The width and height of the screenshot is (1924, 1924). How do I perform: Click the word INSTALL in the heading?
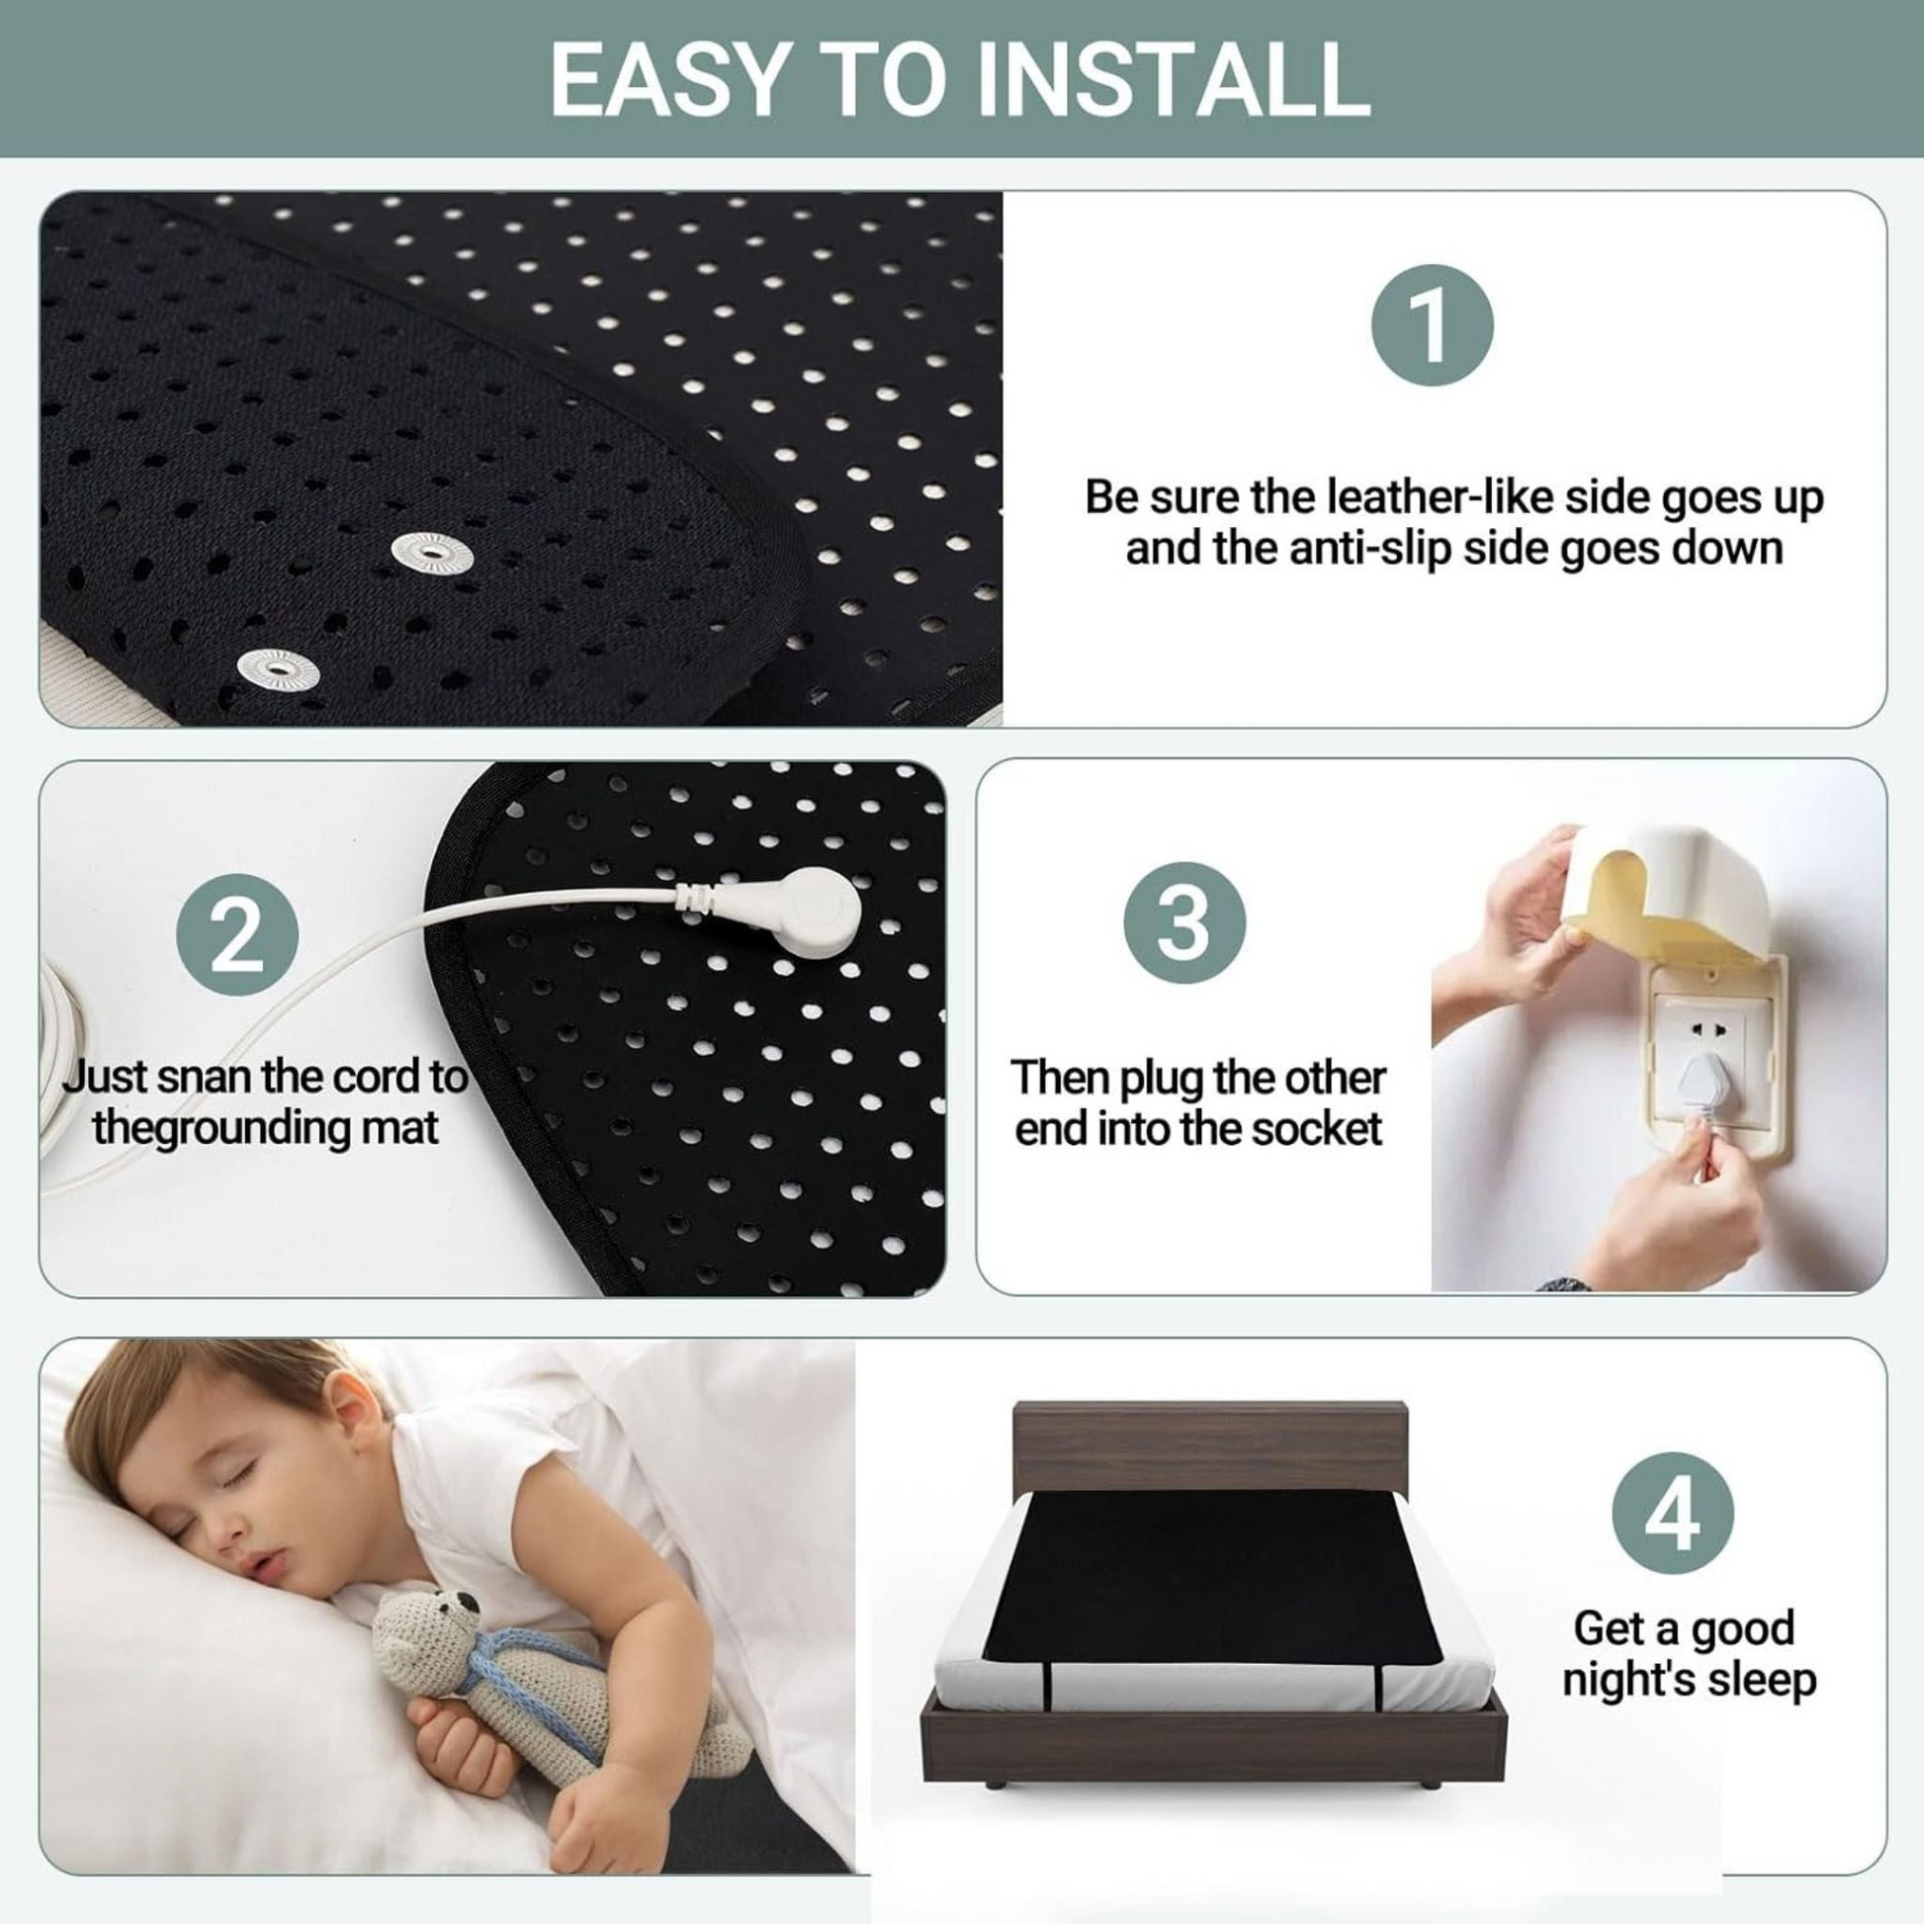pos(1173,79)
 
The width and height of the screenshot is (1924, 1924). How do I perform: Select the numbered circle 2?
pos(237,936)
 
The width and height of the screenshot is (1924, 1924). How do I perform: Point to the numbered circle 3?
pos(1185,924)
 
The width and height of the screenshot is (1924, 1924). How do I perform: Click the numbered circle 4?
pos(1673,1516)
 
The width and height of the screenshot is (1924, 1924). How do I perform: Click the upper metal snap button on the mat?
pos(431,548)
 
